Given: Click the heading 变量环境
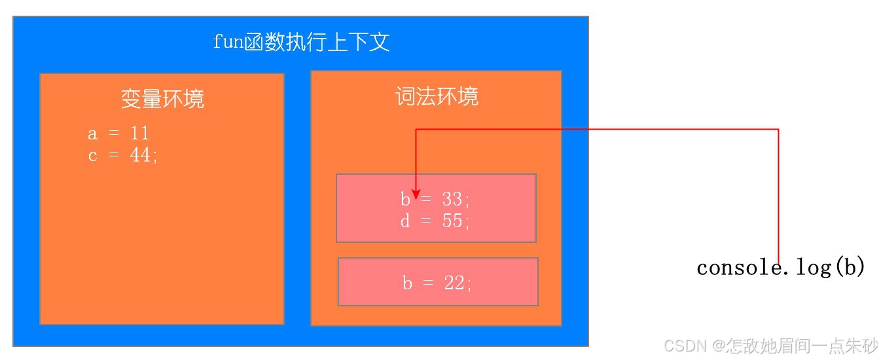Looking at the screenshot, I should coord(162,99).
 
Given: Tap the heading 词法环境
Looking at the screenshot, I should coord(437,97).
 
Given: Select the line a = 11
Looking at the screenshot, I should coord(118,134).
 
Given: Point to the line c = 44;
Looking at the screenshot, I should coord(122,156).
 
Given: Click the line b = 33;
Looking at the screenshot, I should coord(435,199).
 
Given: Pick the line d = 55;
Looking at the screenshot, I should coord(435,221).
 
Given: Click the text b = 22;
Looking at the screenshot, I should coord(437,283).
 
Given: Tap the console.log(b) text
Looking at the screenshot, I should coord(781,268).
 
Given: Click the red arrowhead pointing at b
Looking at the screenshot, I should coord(416,196).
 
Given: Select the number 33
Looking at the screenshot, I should coord(452,199).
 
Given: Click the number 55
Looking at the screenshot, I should coord(452,221).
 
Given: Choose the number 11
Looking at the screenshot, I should coord(139,134).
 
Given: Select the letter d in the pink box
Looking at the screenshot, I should coord(405,221).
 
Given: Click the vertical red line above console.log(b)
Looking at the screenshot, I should coord(778,196).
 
